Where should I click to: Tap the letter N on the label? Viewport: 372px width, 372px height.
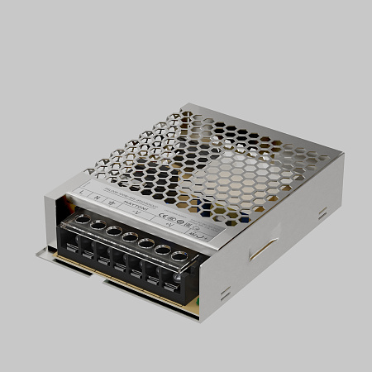(98, 196)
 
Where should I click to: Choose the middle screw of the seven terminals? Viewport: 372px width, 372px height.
(129, 236)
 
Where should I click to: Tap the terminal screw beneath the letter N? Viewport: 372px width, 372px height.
(98, 224)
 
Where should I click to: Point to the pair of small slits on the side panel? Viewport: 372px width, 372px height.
(322, 213)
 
